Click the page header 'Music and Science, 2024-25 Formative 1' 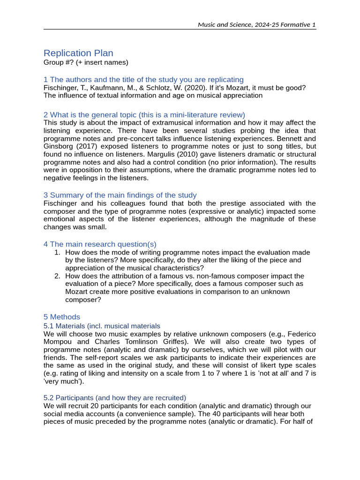coord(257,24)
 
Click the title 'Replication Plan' coord(78,53)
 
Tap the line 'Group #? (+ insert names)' coord(86,62)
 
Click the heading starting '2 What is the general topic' coord(144,115)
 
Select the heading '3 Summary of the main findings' coord(120,195)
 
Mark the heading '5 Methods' coord(62,317)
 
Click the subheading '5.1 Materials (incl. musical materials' coord(102,326)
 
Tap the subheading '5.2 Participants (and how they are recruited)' coord(115,397)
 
